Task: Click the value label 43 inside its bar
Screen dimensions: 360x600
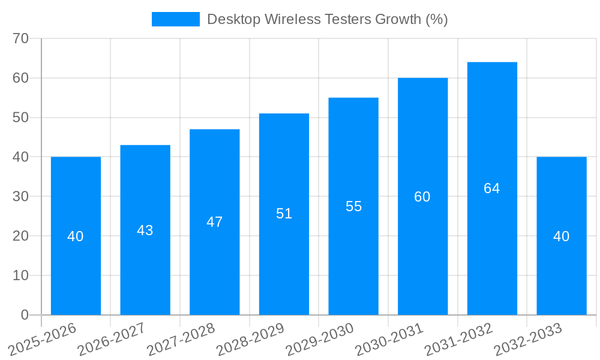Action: pos(145,230)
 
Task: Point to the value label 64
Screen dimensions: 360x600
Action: pos(492,188)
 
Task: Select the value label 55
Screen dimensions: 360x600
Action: pos(354,206)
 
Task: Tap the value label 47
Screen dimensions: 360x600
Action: pos(215,222)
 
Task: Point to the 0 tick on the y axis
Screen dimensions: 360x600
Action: pos(25,315)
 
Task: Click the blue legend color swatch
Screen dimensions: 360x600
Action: pos(175,19)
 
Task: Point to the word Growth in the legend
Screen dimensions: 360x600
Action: pos(398,19)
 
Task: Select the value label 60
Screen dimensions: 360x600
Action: pos(422,197)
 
